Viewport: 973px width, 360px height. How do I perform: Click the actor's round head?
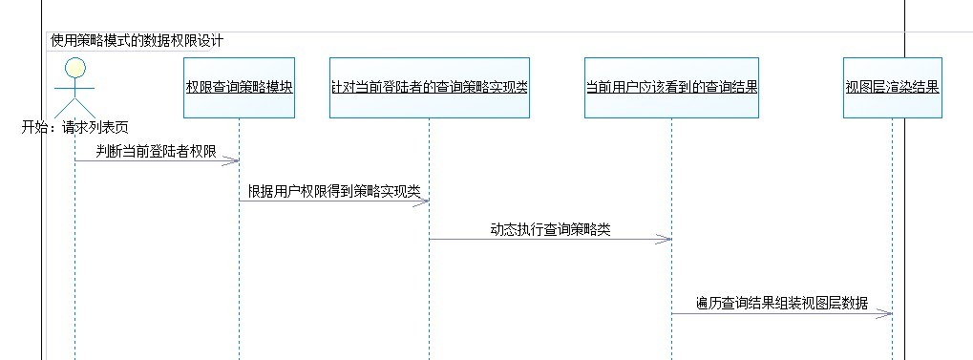pyautogui.click(x=75, y=67)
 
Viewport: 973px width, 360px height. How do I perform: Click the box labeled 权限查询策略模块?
pyautogui.click(x=239, y=87)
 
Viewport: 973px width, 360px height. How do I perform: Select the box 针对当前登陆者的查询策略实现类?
pyautogui.click(x=429, y=87)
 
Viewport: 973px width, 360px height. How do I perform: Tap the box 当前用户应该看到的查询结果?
pyautogui.click(x=671, y=87)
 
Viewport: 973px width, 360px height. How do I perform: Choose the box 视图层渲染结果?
pyautogui.click(x=892, y=87)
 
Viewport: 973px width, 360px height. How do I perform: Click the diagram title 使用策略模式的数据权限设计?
pyautogui.click(x=137, y=41)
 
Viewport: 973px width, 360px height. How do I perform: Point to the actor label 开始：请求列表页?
pyautogui.click(x=75, y=126)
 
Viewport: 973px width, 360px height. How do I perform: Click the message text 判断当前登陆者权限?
pyautogui.click(x=156, y=151)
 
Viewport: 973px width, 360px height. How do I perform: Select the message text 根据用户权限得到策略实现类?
pyautogui.click(x=334, y=191)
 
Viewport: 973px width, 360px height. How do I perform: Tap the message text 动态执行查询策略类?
pyautogui.click(x=550, y=230)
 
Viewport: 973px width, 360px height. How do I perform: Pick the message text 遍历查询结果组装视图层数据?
pyautogui.click(x=782, y=304)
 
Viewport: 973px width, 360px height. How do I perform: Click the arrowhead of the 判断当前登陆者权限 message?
pyautogui.click(x=233, y=161)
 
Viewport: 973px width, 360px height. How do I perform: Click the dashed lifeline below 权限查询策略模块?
pyautogui.click(x=239, y=267)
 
